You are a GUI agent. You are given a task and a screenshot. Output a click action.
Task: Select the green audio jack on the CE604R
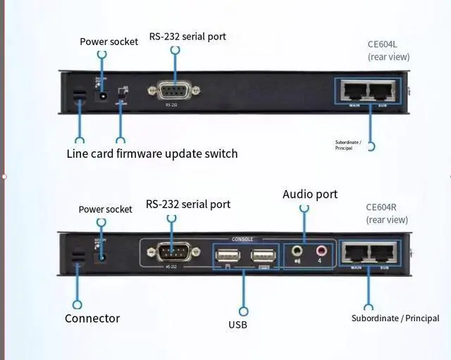tap(297, 249)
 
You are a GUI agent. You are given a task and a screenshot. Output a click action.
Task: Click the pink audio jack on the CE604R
tap(321, 249)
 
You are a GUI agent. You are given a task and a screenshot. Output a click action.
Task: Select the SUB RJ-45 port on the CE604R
tap(385, 253)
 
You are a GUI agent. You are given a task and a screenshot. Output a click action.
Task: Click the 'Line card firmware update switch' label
tap(152, 154)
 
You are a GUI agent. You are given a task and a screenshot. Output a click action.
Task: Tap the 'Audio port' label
tap(310, 194)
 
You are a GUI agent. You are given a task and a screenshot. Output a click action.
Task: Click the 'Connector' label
tap(92, 318)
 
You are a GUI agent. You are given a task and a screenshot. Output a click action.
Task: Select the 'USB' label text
tap(237, 325)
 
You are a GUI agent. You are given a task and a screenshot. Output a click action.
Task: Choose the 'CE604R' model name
tap(381, 207)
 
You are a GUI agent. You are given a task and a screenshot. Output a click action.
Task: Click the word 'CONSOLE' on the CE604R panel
tap(242, 240)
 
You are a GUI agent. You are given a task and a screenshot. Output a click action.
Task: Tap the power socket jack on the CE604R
tap(104, 255)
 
